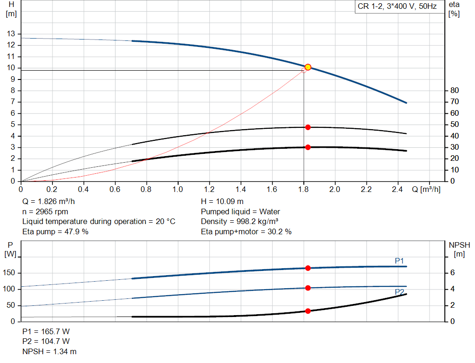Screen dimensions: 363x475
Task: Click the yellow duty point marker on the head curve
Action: (308, 67)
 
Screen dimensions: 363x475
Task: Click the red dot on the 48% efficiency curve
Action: (308, 127)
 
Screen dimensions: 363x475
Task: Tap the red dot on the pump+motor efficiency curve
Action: (308, 147)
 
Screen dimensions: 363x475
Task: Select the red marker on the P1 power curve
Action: (308, 268)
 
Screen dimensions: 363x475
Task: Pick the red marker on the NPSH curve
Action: (308, 311)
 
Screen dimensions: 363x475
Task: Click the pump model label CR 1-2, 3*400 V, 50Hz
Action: (398, 7)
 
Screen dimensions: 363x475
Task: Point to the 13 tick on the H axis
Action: (10, 34)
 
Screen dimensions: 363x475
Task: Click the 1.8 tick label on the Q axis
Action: (303, 190)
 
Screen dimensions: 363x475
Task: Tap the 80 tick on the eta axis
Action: (455, 90)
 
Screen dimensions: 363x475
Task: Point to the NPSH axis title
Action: (459, 249)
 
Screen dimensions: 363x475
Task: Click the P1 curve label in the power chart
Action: (399, 261)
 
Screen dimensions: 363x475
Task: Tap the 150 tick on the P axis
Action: (9, 273)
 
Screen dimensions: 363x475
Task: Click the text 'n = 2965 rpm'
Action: (45, 211)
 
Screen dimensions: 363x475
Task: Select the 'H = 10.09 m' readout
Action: (222, 202)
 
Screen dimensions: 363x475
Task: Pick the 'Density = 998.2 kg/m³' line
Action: (239, 221)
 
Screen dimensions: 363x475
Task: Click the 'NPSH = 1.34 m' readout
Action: (50, 351)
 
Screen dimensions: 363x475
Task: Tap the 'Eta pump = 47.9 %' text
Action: (55, 231)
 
